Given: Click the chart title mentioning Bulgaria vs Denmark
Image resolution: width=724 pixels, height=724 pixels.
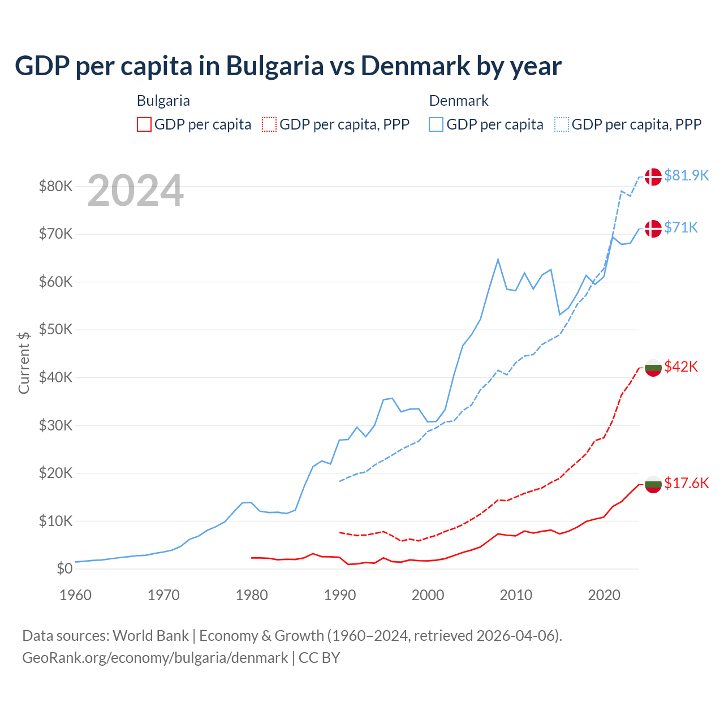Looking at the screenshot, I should pos(288,66).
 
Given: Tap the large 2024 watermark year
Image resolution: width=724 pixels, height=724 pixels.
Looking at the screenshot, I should pos(135,191).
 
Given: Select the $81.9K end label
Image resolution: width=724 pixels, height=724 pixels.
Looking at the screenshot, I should pos(686,175).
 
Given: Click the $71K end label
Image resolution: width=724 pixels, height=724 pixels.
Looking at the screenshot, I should pos(681,227).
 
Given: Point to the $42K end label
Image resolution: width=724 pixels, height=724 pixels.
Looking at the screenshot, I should pos(681,367).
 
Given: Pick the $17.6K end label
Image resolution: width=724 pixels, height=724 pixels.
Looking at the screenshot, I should pos(686,483).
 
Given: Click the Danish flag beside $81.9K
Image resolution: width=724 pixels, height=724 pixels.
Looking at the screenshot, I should pos(653,176).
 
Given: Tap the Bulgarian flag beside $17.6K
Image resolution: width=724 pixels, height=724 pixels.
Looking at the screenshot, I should pos(653,484).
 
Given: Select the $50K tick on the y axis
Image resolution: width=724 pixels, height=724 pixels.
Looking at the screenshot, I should pos(55,329).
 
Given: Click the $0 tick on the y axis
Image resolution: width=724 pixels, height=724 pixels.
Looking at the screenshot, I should pos(64,568).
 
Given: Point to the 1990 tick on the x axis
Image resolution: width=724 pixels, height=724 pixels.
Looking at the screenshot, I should pos(339,595).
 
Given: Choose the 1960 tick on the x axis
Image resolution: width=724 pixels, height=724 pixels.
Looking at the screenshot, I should pos(76,595).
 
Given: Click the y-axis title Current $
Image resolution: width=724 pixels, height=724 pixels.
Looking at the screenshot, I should pos(24,363).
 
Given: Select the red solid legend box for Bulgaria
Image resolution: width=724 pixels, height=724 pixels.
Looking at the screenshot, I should pos(144,124).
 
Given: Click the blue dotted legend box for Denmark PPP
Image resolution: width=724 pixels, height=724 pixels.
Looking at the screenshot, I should pos(562,124).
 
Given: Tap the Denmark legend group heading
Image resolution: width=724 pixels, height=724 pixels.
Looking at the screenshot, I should pos(459,101).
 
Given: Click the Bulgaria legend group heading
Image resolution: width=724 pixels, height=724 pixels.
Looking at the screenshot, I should pos(163,101).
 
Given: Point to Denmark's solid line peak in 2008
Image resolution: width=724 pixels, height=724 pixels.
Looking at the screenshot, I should pos(498,260).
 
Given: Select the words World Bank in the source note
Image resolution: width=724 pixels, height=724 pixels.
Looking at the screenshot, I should pos(150,636).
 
